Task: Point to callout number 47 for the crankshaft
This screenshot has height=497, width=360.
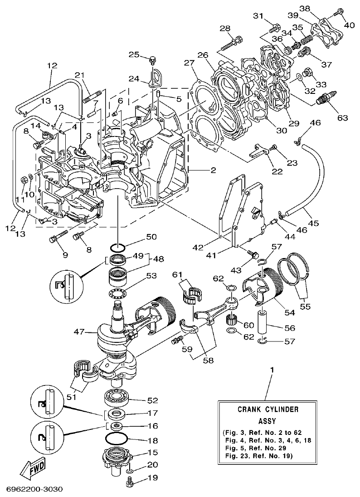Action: coord(79,332)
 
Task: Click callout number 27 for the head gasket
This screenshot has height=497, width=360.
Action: coord(189,63)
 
